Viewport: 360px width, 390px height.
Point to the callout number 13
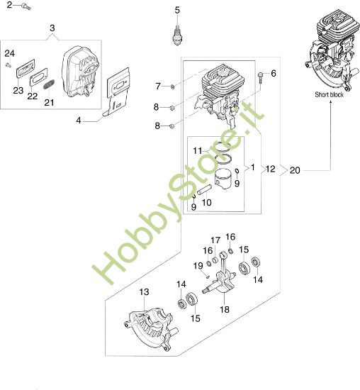(x=144, y=292)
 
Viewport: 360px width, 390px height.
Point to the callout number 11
(x=199, y=150)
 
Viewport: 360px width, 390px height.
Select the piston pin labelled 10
(x=203, y=191)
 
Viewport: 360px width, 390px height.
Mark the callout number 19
(x=198, y=265)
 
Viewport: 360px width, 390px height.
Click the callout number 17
(x=215, y=240)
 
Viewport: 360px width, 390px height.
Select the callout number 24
(x=9, y=54)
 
